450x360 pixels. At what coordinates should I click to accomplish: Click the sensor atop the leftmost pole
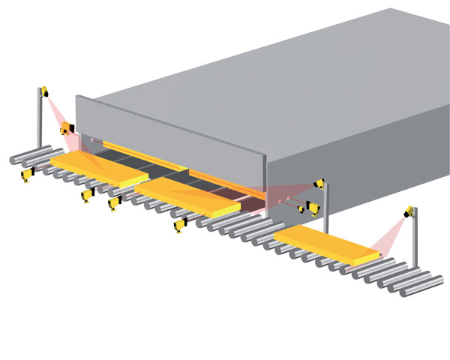click(44, 91)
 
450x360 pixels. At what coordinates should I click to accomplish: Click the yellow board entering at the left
click(97, 168)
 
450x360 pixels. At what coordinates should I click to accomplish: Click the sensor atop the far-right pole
click(409, 212)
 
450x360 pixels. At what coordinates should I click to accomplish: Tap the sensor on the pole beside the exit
click(319, 182)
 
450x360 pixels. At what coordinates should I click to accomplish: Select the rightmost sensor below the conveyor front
click(180, 223)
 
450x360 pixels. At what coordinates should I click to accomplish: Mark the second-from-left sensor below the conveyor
click(87, 196)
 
